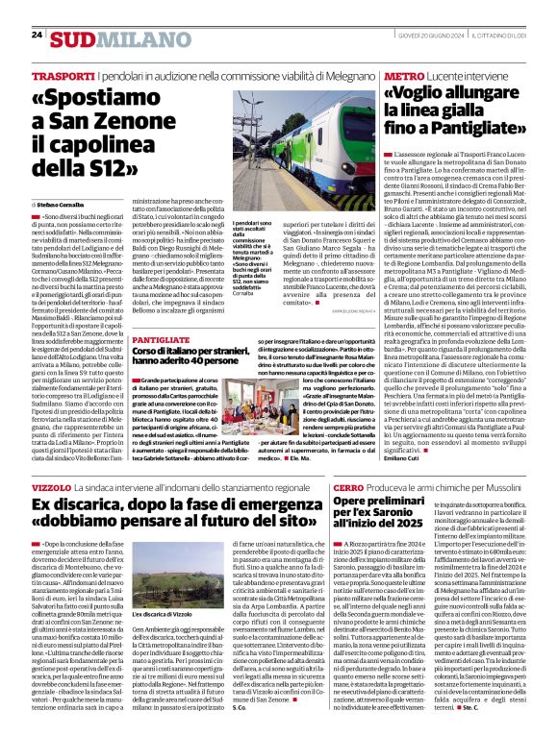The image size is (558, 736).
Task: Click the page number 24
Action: pyautogui.click(x=37, y=36)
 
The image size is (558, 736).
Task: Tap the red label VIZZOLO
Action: pyautogui.click(x=51, y=489)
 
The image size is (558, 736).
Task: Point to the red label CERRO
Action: pyautogui.click(x=349, y=489)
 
